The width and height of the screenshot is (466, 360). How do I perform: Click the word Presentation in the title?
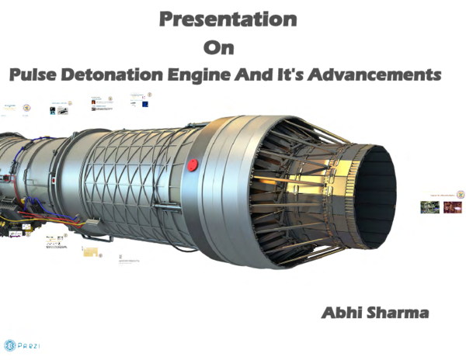pos(228,19)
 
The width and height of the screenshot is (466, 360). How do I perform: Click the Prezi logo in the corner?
pos(23,344)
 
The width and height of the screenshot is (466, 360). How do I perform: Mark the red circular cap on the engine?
pos(193,164)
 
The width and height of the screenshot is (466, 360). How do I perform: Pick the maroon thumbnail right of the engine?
pos(451,207)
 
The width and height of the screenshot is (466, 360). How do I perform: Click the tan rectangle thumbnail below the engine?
pos(90,251)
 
